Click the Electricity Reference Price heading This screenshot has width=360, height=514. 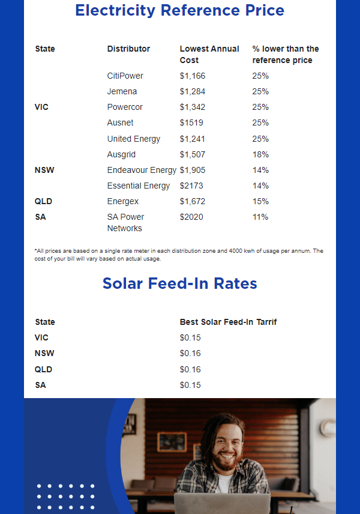pyautogui.click(x=179, y=10)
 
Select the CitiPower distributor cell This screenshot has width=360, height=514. pyautogui.click(x=125, y=76)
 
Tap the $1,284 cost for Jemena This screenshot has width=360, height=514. pyautogui.click(x=192, y=91)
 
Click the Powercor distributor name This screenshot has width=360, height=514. pyautogui.click(x=125, y=107)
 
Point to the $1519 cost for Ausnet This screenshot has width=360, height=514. pyautogui.click(x=191, y=122)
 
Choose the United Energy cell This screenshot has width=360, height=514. pyautogui.click(x=133, y=139)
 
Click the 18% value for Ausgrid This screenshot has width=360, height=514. pyautogui.click(x=260, y=154)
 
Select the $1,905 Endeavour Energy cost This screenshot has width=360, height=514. pyautogui.click(x=192, y=170)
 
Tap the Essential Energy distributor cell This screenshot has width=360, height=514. pyautogui.click(x=138, y=186)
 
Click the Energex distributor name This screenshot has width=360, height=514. pyautogui.click(x=122, y=201)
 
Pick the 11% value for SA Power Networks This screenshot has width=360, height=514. pyautogui.click(x=260, y=217)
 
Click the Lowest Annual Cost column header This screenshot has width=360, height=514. pyautogui.click(x=209, y=54)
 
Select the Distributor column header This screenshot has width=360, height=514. pyautogui.click(x=128, y=49)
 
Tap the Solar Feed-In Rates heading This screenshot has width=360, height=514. pyautogui.click(x=179, y=283)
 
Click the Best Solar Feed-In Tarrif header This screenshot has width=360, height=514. pyautogui.click(x=228, y=322)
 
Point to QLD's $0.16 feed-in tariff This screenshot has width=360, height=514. pyautogui.click(x=190, y=369)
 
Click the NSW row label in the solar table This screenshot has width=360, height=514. pyautogui.click(x=44, y=353)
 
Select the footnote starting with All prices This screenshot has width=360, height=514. pyautogui.click(x=178, y=255)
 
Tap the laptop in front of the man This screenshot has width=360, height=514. pyautogui.click(x=222, y=503)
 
